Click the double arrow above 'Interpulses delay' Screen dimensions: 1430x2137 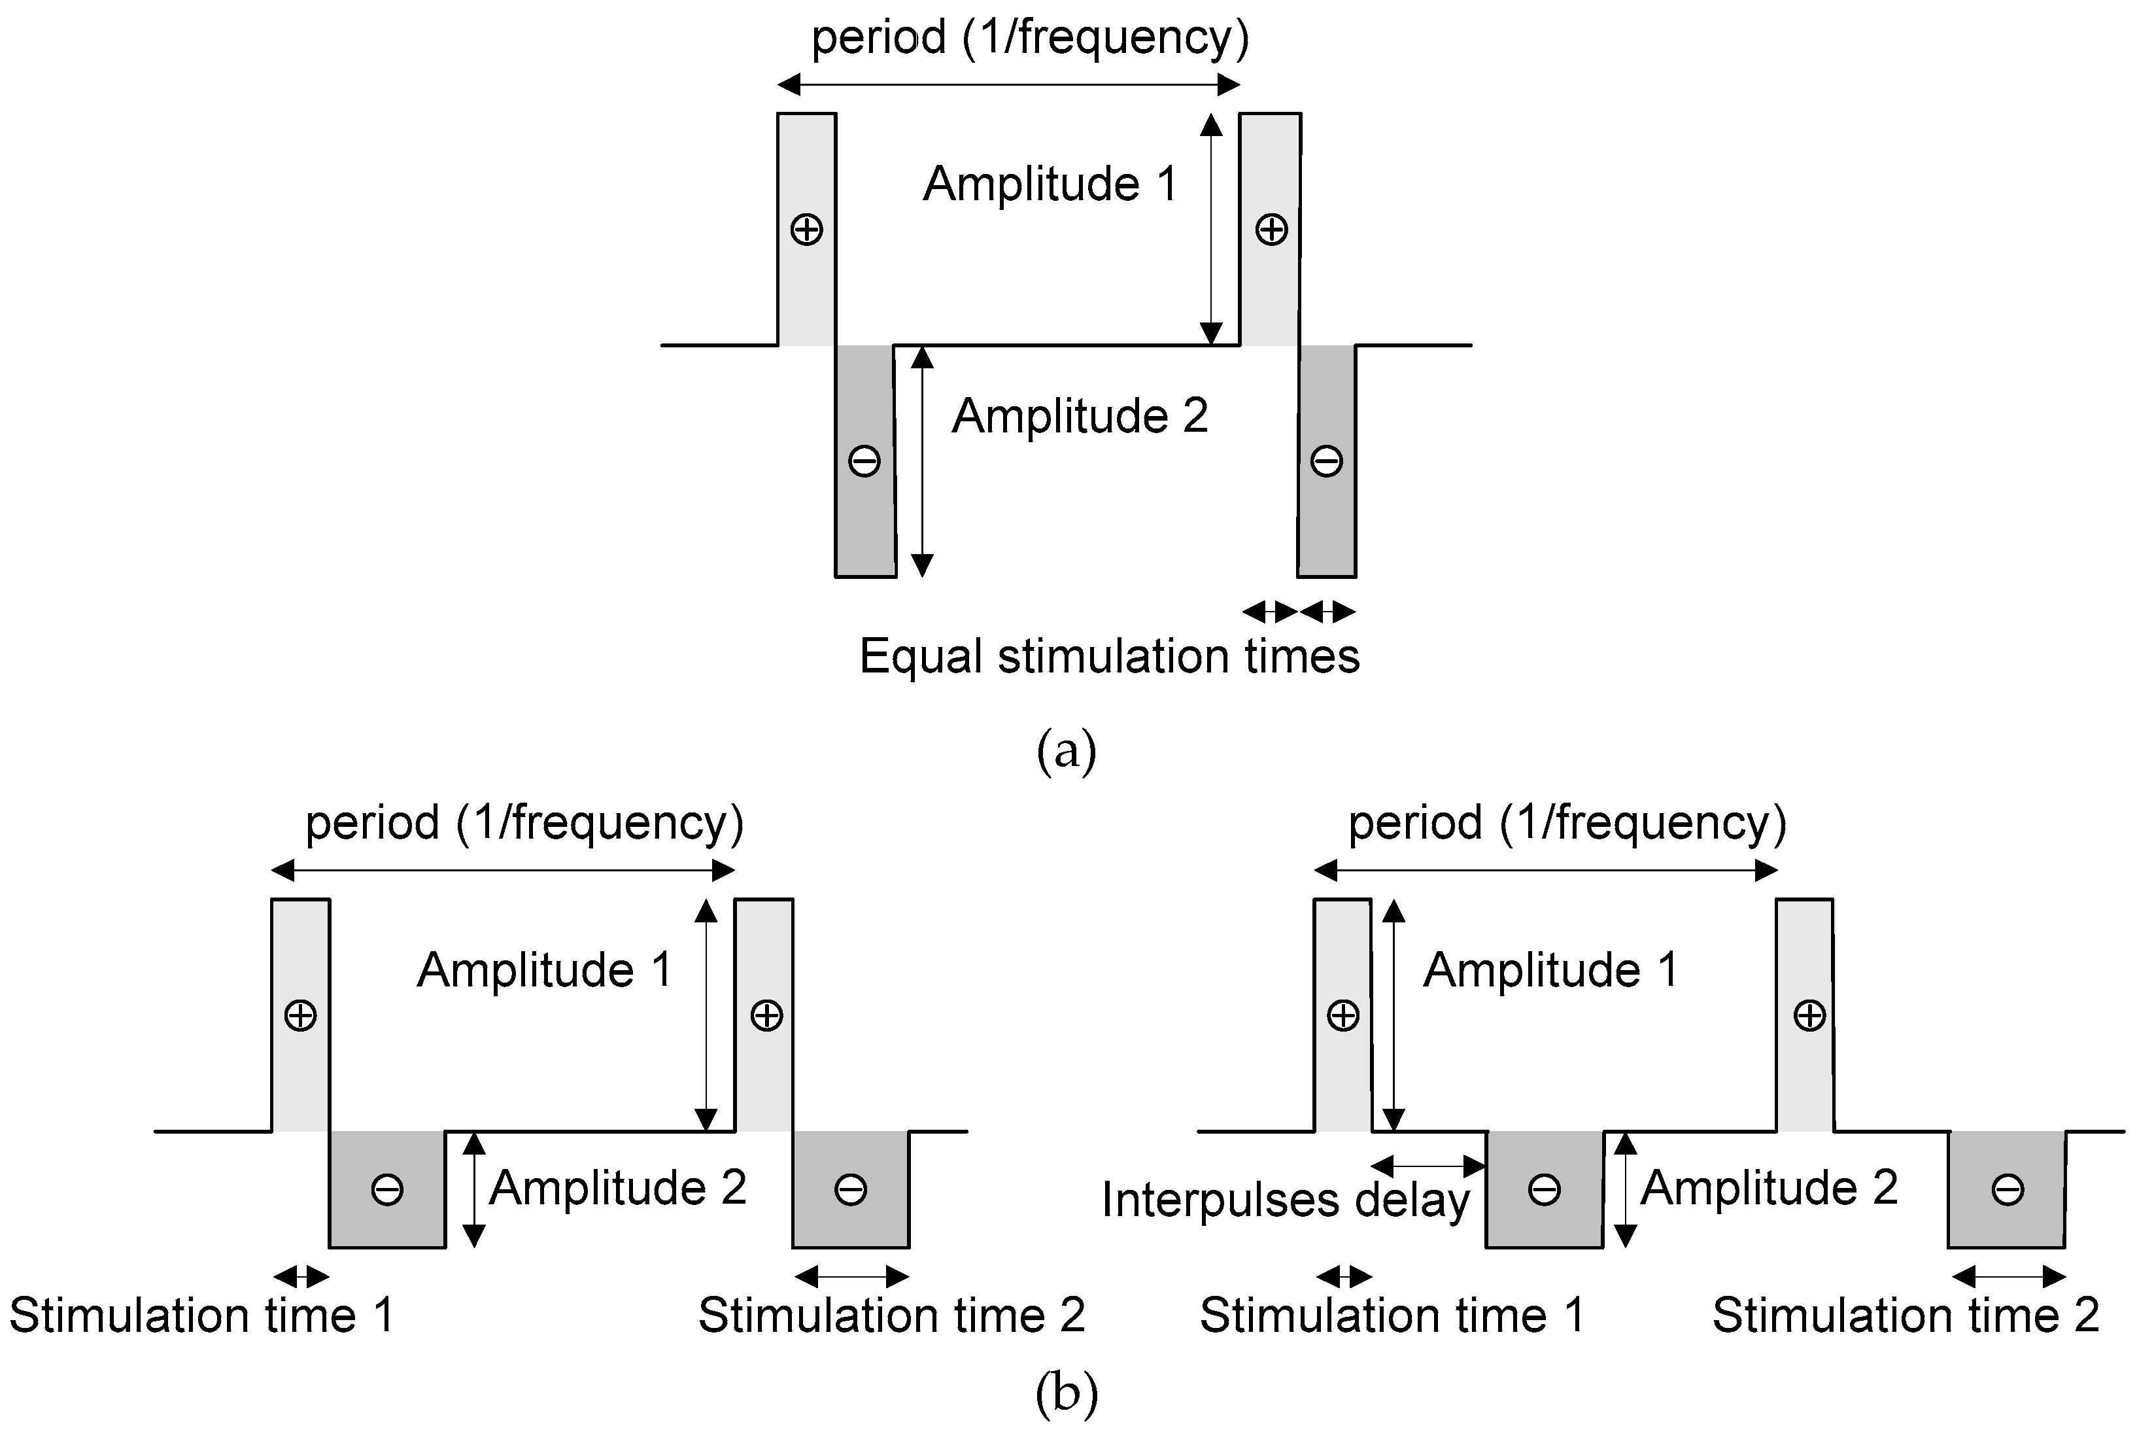tap(1429, 1164)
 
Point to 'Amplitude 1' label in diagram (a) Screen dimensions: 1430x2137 tap(1050, 184)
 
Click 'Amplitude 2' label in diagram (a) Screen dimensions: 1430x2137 tap(1080, 417)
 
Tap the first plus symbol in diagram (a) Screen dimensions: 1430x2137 tap(806, 229)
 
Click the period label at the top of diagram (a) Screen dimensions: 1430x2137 tap(1030, 39)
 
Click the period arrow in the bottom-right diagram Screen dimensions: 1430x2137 tap(1545, 870)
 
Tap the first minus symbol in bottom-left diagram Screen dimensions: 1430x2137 tap(388, 1189)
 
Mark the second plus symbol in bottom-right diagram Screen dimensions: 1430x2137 tap(1809, 1015)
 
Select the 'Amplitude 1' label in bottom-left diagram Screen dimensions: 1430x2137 tap(544, 970)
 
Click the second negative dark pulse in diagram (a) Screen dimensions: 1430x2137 tap(1327, 461)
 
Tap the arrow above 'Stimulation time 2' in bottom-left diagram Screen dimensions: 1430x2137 tap(851, 1276)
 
